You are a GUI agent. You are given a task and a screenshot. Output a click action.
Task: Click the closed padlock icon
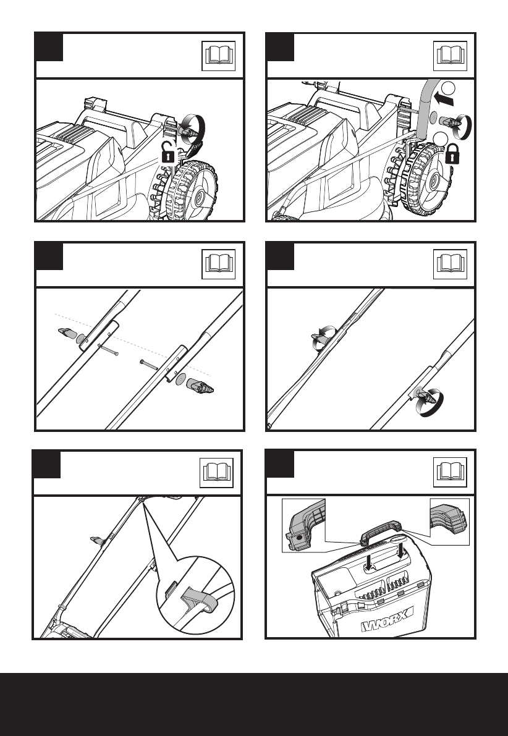[452, 154]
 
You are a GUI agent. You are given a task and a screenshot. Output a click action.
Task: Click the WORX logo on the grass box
[387, 619]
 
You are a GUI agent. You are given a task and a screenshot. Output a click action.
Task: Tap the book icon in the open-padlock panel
[218, 56]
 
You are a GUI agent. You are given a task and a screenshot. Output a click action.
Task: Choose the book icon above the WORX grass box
[450, 472]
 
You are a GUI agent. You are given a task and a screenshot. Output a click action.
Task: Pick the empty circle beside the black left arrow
[449, 87]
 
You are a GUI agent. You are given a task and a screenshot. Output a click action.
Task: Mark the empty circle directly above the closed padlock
[441, 138]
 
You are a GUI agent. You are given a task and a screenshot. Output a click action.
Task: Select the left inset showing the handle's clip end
[303, 525]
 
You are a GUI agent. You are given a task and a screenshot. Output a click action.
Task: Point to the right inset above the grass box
[450, 522]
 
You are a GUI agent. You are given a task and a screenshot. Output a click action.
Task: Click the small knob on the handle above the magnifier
[97, 540]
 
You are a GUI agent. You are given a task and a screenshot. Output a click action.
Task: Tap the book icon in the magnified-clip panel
[216, 473]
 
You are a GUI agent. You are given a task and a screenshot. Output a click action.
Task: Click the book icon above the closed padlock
[450, 56]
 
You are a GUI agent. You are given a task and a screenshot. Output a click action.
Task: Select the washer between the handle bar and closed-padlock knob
[433, 117]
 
